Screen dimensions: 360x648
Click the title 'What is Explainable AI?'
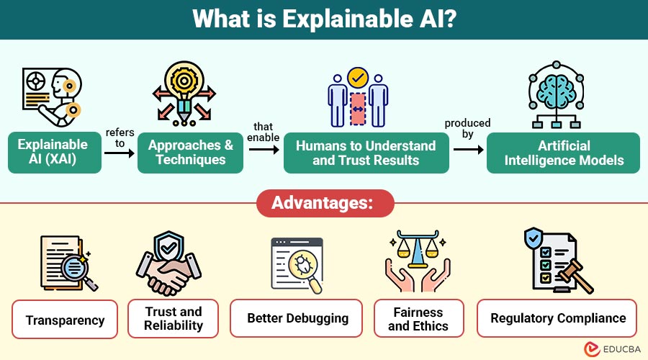click(x=323, y=19)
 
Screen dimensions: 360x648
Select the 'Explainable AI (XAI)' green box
click(x=53, y=153)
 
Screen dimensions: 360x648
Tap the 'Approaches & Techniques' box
click(x=191, y=153)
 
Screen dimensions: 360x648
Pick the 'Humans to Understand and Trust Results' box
click(x=366, y=153)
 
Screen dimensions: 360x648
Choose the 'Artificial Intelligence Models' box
click(x=564, y=153)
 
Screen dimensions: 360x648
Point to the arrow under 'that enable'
click(x=264, y=150)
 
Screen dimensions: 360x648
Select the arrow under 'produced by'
click(x=469, y=150)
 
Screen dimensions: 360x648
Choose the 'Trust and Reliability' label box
click(x=173, y=318)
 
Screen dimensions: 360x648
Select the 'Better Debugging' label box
click(x=297, y=318)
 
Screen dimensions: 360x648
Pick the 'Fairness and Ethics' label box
click(x=418, y=318)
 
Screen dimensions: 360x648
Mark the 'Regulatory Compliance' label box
click(x=558, y=318)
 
